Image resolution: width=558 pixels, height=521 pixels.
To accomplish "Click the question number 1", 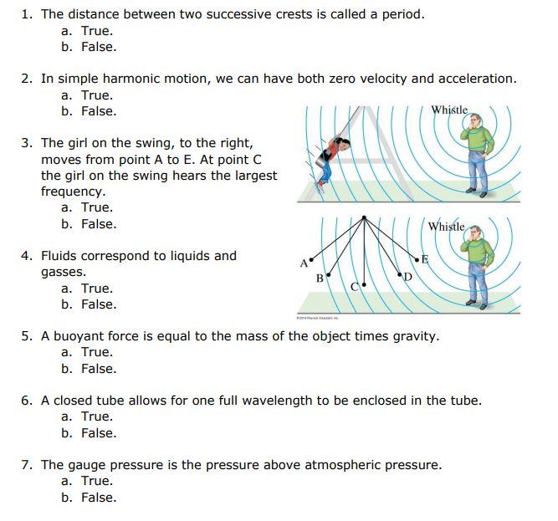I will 26,14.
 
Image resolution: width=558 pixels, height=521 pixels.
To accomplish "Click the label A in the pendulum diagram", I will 303,263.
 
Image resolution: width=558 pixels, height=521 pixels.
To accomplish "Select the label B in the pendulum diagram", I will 320,278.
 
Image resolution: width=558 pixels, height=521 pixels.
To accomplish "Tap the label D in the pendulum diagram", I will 408,277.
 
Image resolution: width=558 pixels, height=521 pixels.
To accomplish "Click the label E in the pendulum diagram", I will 424,259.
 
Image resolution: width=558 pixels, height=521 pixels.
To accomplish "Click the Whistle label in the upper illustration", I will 449,110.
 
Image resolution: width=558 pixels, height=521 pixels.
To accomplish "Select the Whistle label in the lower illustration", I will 446,227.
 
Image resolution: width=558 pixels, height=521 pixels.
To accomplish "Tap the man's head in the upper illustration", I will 474,125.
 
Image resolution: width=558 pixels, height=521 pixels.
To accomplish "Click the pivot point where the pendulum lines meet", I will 364,217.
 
